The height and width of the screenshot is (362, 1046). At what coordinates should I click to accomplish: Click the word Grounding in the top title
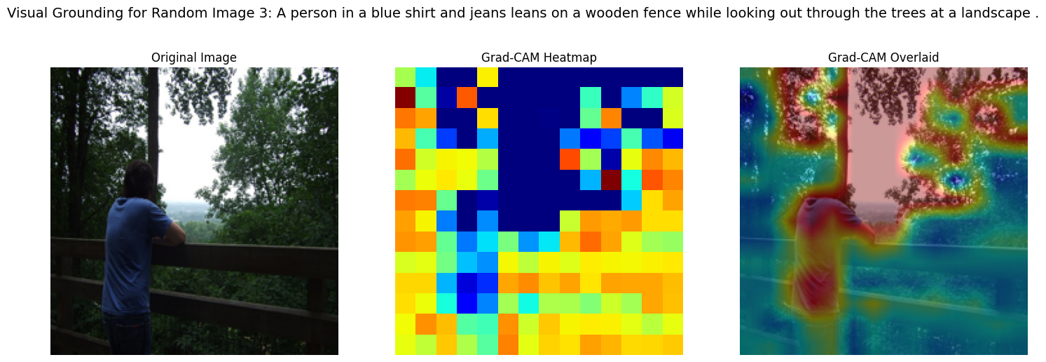[x=82, y=13]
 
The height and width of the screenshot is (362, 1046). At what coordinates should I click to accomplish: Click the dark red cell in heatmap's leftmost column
[x=406, y=98]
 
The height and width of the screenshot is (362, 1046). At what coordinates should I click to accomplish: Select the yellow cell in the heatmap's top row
[x=488, y=77]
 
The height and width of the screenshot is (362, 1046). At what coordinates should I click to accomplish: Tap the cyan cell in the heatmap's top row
[x=426, y=77]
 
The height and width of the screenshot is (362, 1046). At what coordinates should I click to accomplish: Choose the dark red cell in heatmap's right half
[x=611, y=180]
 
